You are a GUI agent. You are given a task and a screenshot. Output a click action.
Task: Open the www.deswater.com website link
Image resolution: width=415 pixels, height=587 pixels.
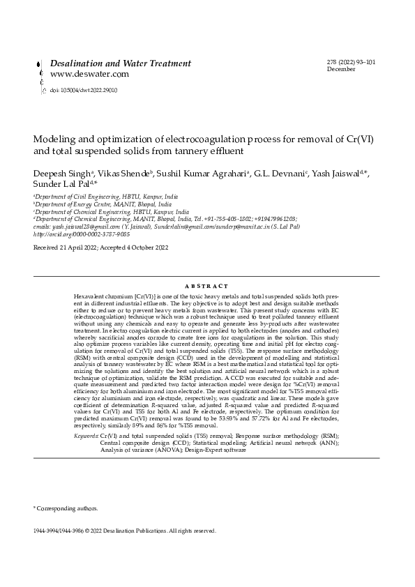(x=89, y=74)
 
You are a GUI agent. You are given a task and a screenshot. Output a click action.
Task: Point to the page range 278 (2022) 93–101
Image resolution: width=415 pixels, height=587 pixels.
(x=351, y=62)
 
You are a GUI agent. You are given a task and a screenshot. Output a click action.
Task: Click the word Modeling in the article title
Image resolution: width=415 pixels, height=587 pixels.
(x=56, y=139)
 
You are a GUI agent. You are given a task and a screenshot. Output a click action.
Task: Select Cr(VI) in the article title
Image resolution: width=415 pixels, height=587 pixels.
(x=359, y=139)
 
